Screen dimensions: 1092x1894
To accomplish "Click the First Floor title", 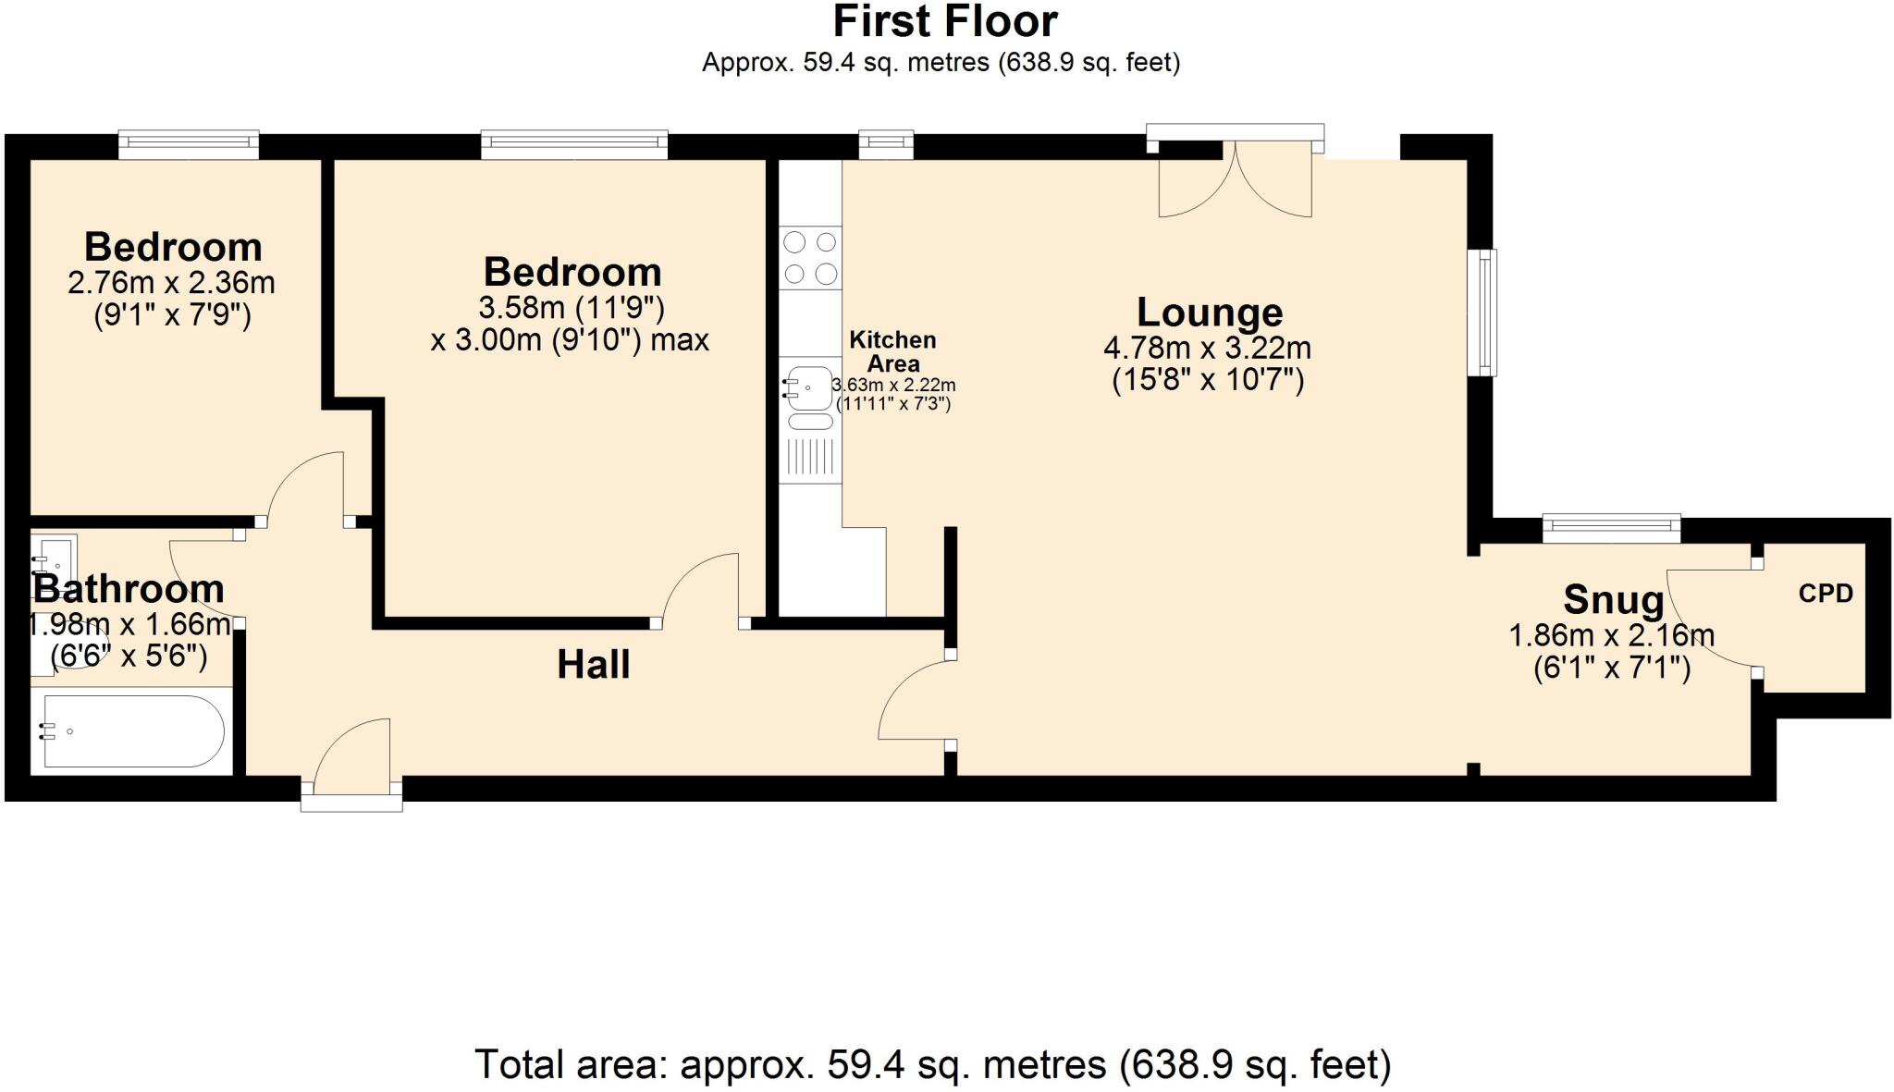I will [945, 20].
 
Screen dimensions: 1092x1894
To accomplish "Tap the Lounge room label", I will [1209, 313].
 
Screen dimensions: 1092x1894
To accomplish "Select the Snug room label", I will [1613, 600].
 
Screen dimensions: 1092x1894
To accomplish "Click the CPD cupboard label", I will [1825, 594].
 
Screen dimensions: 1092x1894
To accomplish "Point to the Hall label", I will [593, 665].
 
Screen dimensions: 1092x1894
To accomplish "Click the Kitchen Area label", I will [892, 351].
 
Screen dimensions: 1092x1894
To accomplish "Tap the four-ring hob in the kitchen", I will [811, 258].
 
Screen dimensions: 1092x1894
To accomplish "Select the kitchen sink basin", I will [810, 388].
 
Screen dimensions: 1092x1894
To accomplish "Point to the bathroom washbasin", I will [53, 558].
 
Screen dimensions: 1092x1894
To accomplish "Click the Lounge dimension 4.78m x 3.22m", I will [1207, 349].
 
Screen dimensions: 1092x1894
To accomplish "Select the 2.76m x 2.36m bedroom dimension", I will [171, 282].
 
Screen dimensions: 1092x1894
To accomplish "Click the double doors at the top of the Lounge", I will [1235, 180].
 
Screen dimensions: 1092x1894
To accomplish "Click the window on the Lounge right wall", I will [1482, 313].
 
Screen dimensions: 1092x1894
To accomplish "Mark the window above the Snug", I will [1610, 527].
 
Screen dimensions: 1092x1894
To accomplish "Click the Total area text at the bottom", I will [932, 1064].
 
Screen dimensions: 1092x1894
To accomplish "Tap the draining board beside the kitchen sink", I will [811, 457].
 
